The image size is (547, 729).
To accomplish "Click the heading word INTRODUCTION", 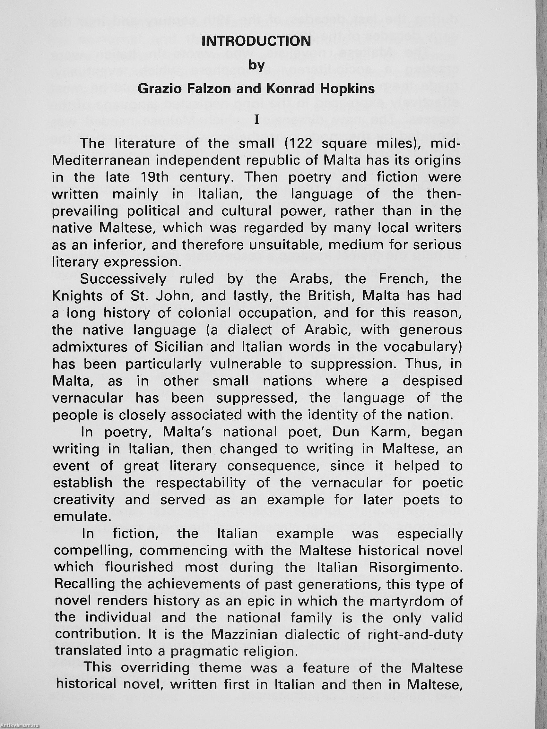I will tap(256, 41).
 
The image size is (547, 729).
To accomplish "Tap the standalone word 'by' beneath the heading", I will tap(256, 65).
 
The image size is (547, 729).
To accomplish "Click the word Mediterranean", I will tap(100, 160).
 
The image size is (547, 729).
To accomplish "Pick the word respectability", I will tap(200, 483).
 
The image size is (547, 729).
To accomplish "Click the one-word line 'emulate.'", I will tap(81, 517).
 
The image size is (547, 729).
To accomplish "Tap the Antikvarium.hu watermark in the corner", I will tap(20, 726).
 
